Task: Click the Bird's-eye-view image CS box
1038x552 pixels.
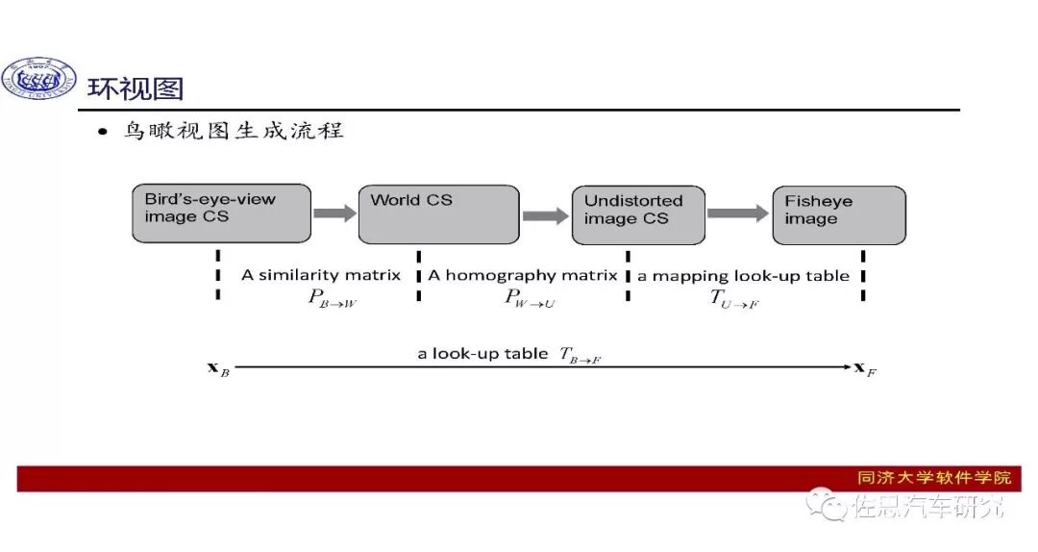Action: click(x=221, y=213)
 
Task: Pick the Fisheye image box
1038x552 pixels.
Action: click(x=839, y=214)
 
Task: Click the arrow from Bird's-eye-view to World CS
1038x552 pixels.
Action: click(x=334, y=213)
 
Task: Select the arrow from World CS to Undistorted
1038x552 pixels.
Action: click(x=545, y=216)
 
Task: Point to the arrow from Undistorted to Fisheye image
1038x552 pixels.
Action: click(x=739, y=213)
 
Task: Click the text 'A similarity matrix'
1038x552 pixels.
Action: click(x=321, y=275)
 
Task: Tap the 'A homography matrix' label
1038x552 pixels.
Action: click(x=523, y=275)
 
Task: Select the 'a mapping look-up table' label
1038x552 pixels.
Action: click(x=744, y=276)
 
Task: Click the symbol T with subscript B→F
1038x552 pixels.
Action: click(x=581, y=355)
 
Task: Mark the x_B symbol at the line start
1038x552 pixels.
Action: click(x=218, y=368)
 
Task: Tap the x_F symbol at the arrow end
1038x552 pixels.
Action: click(x=865, y=367)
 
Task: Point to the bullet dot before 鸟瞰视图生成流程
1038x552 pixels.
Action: click(x=103, y=134)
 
